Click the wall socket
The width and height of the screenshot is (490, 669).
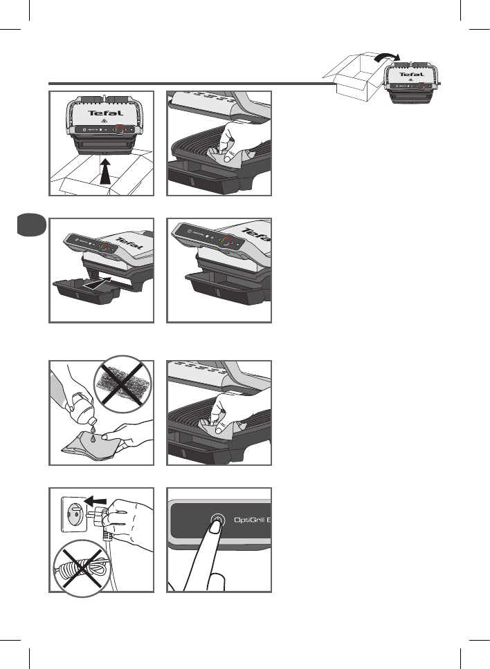point(73,515)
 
